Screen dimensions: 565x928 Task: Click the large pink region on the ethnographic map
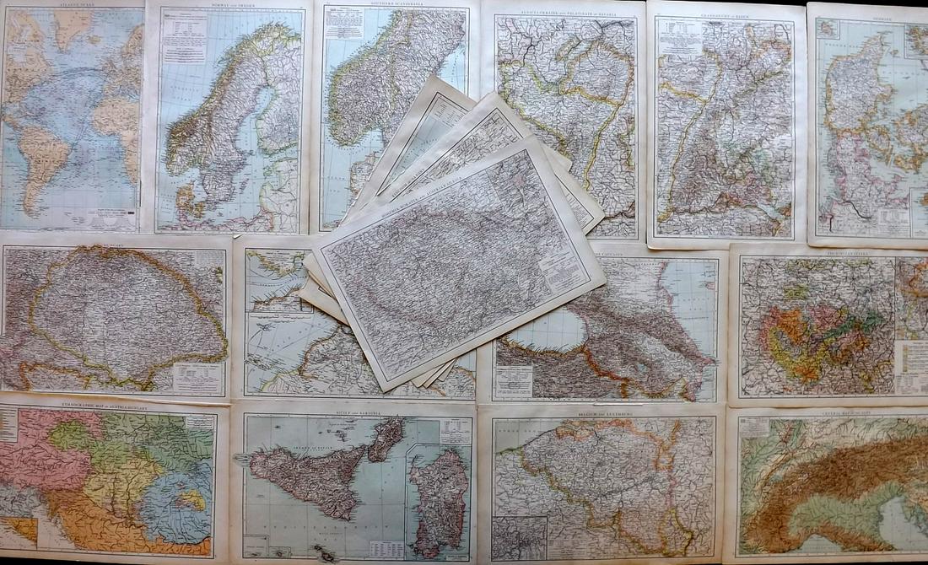pos(34,455)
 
